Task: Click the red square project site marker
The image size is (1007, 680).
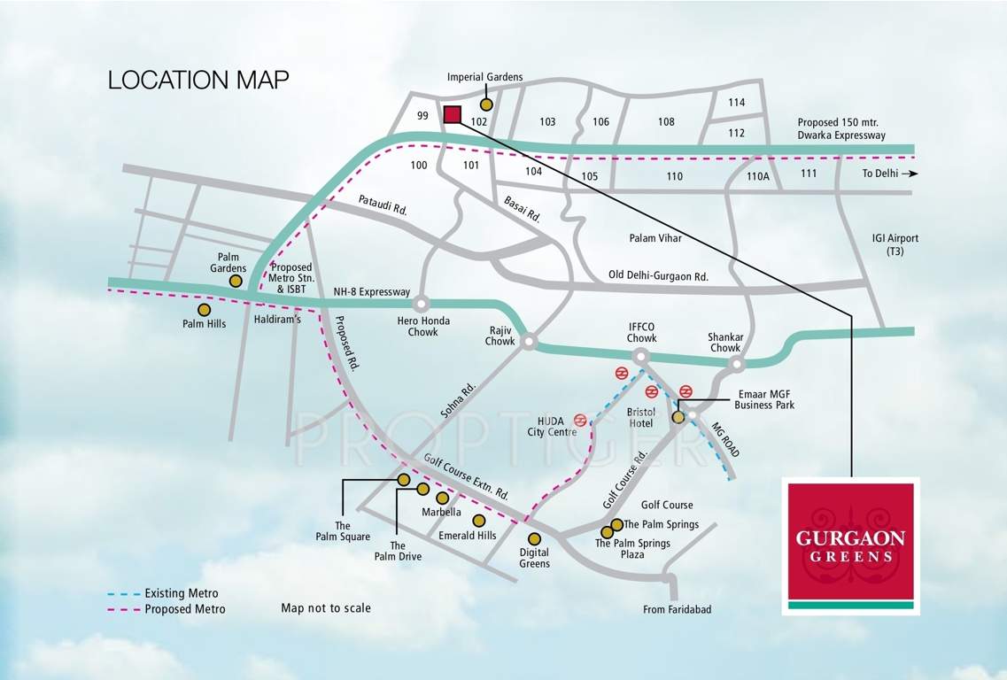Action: click(453, 113)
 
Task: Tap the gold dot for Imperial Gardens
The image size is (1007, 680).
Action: click(486, 104)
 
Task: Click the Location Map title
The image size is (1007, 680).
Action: click(198, 80)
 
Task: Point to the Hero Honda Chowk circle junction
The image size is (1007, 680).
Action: click(422, 304)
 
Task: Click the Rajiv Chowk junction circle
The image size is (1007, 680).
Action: click(529, 340)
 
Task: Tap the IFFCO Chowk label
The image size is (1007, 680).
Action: click(642, 333)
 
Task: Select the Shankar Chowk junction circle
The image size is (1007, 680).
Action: click(739, 363)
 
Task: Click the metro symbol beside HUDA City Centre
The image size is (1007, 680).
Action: click(581, 420)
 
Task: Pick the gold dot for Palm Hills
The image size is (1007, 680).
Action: click(205, 310)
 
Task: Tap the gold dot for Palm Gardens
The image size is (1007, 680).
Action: click(236, 281)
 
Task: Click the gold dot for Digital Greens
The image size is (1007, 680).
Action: click(534, 538)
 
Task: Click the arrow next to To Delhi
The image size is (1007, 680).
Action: click(912, 174)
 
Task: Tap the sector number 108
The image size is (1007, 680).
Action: click(666, 121)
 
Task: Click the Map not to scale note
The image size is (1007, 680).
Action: click(326, 608)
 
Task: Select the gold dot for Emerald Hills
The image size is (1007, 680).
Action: click(478, 520)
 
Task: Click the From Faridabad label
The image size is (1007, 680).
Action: click(678, 609)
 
